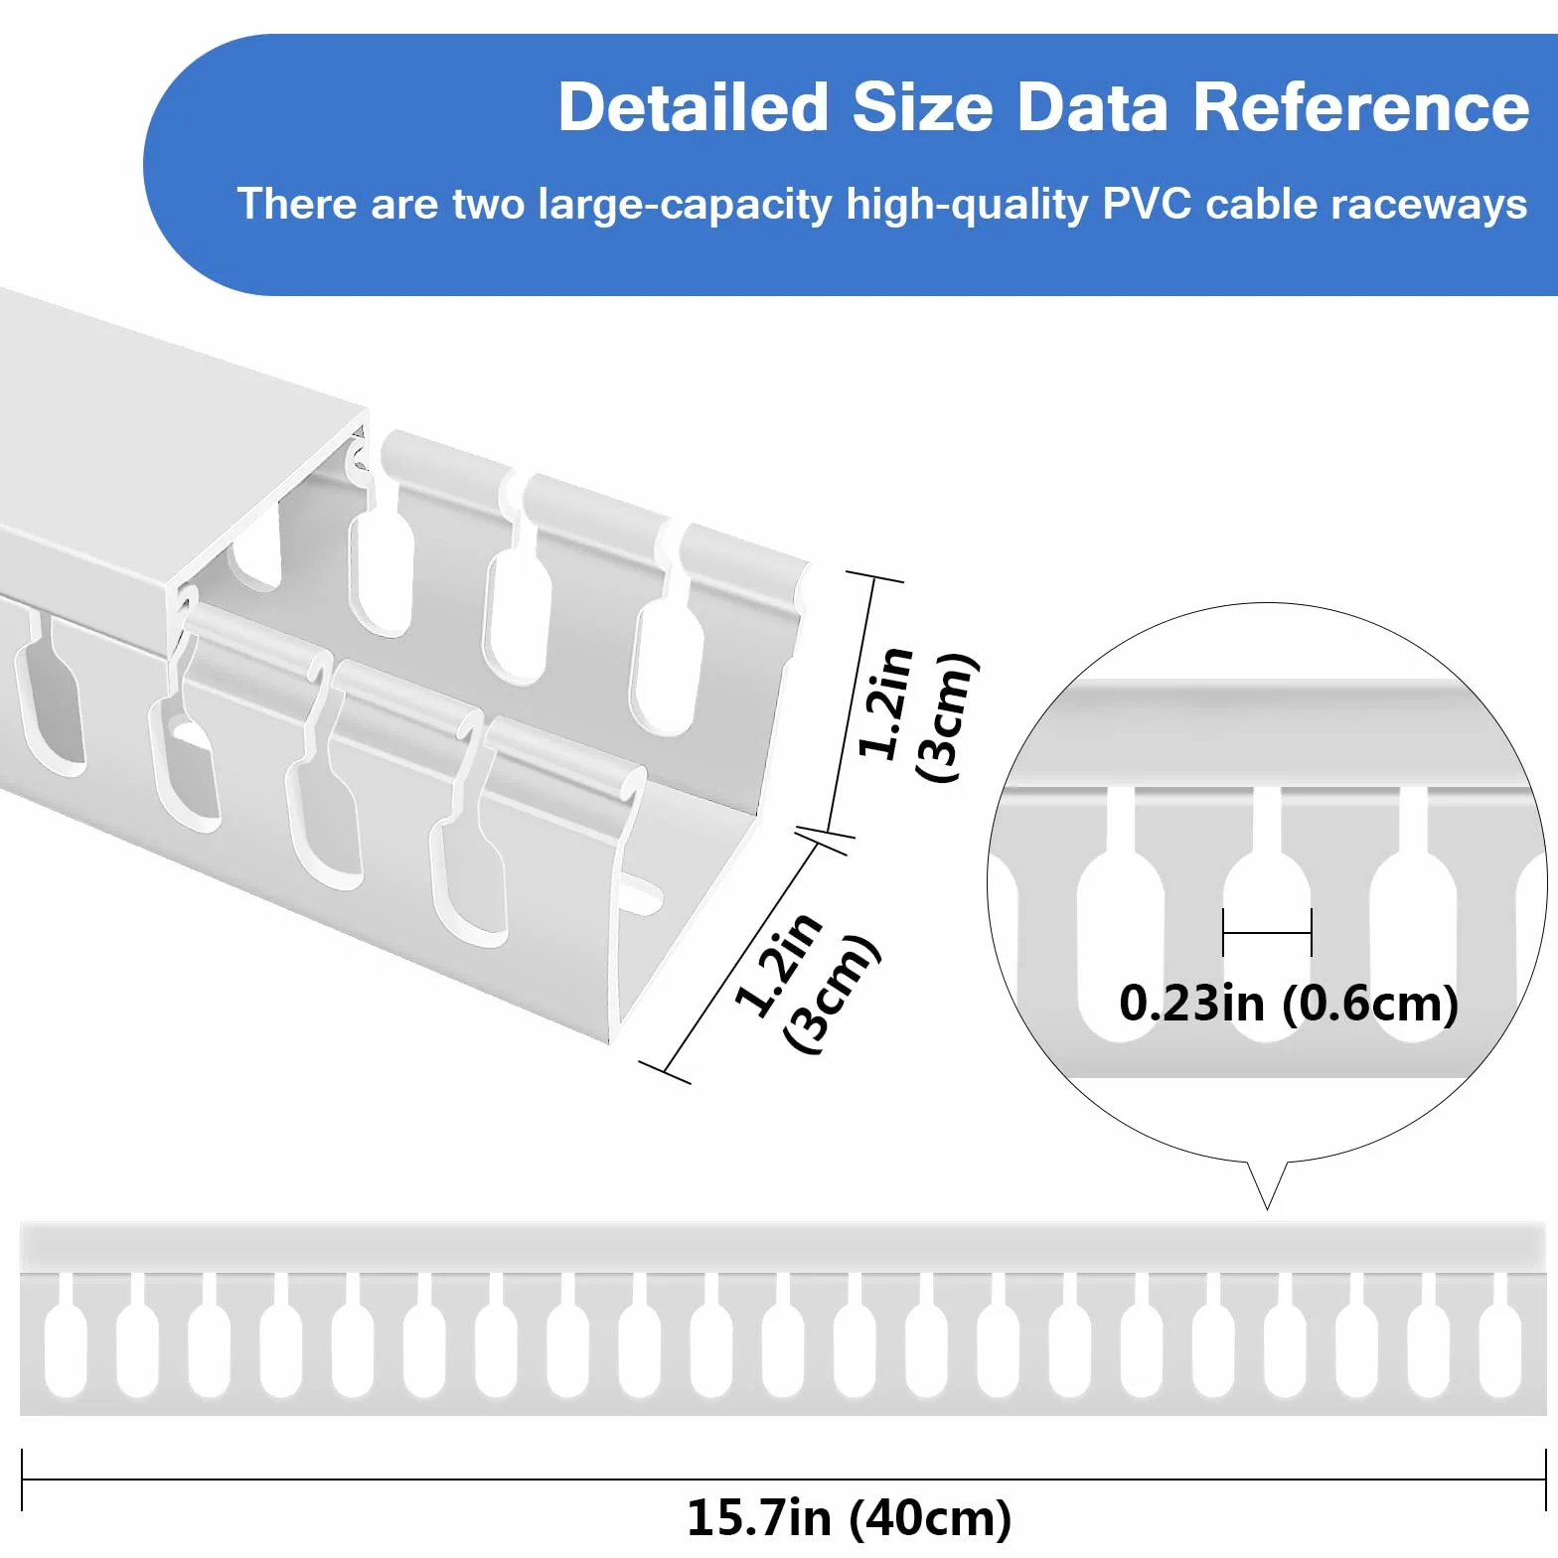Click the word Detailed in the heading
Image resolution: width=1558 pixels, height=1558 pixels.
[693, 107]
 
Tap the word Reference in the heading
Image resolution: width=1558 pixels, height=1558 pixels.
[1360, 107]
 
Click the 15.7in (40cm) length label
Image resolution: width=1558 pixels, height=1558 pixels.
[849, 1517]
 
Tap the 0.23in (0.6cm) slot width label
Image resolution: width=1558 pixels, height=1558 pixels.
[1289, 1003]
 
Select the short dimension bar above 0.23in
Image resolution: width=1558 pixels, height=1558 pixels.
[1267, 933]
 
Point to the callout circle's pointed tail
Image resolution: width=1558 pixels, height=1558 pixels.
[1268, 1207]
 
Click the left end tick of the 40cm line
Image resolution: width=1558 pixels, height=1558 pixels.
[22, 1480]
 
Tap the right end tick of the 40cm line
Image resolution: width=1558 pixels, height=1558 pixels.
[1545, 1480]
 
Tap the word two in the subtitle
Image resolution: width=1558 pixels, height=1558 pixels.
[488, 204]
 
